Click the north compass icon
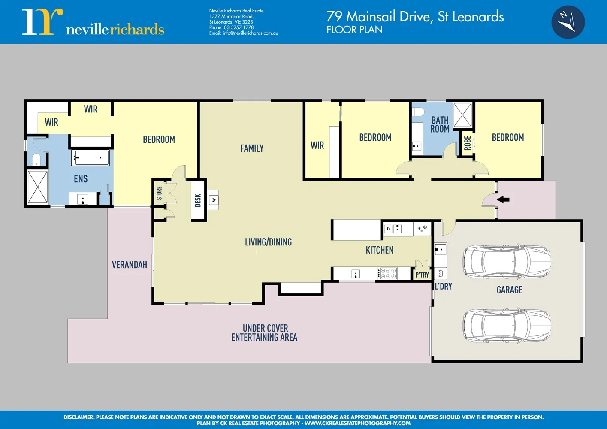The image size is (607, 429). point(568,22)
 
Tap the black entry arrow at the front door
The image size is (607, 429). point(503,199)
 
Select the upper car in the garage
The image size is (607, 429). point(506,262)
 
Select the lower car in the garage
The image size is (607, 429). point(506,325)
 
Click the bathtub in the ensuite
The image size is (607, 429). point(90,158)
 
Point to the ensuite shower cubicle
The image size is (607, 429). point(38,187)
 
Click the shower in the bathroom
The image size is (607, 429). point(462,115)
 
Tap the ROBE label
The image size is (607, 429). point(468,143)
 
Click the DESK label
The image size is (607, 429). point(198,200)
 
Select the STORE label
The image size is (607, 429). point(159,193)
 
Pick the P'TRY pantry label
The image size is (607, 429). point(422,275)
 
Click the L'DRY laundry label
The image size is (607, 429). point(444,286)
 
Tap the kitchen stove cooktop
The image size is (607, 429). point(388,273)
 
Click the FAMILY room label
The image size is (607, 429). point(252,148)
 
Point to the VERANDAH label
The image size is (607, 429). point(130,265)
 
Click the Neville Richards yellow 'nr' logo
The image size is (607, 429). point(42,22)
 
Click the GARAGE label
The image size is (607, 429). point(509,290)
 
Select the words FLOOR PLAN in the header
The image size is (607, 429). point(354,30)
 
